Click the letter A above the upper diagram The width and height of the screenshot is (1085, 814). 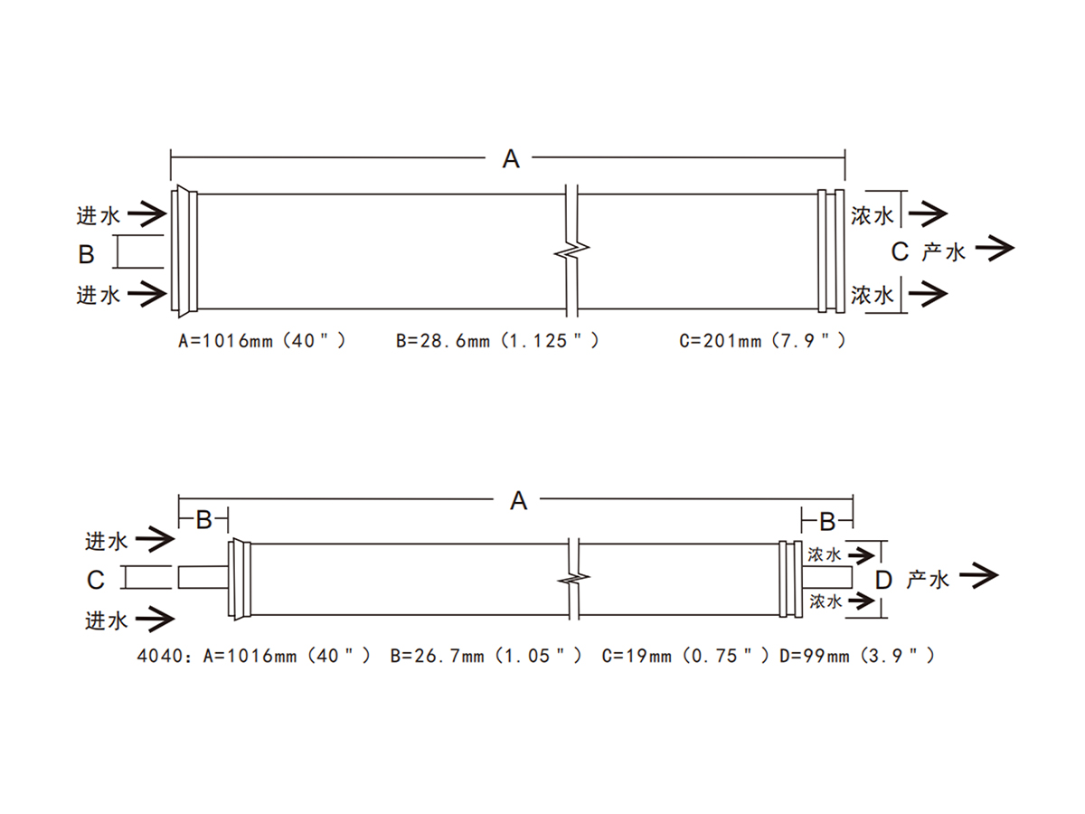point(511,158)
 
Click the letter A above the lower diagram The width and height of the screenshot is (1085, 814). point(518,501)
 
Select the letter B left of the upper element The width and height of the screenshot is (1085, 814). point(86,254)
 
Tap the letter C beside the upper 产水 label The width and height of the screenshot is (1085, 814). point(900,251)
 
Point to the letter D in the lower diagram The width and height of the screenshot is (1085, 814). point(883,580)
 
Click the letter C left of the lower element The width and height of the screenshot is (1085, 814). point(96,580)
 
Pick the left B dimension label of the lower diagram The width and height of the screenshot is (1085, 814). point(203,520)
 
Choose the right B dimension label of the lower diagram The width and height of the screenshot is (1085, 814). point(827,522)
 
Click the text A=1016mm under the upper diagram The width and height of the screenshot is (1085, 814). point(225,341)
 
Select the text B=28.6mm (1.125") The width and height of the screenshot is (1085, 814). point(497,341)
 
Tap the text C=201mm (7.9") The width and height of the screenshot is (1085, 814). point(762,341)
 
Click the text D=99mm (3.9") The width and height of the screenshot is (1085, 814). point(857,656)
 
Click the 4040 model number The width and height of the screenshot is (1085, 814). point(160,656)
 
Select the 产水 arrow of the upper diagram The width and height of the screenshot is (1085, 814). point(995,249)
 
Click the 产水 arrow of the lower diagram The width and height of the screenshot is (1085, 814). point(978,575)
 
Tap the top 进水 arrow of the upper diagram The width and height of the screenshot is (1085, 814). point(147,214)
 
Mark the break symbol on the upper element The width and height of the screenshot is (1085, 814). point(571,251)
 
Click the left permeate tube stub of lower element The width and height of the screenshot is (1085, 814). point(203,577)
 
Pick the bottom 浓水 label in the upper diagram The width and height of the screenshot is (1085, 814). point(872,295)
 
